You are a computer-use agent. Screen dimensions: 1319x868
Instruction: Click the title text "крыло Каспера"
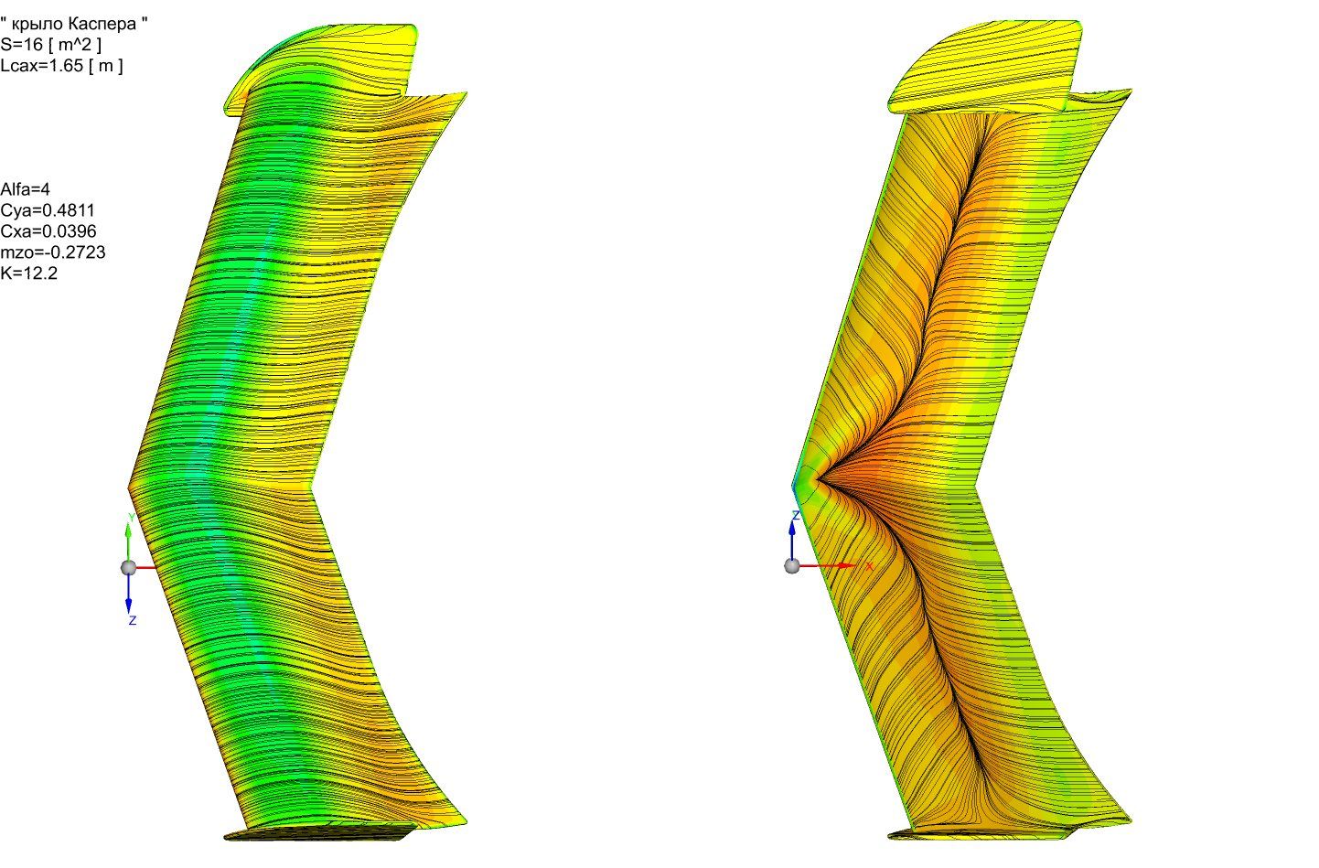(74, 24)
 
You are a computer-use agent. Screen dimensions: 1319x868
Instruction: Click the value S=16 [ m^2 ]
(50, 44)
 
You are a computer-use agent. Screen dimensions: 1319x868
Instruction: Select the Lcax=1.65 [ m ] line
(62, 65)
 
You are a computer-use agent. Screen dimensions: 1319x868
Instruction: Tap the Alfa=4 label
(26, 189)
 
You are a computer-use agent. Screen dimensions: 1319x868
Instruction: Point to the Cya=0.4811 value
(48, 210)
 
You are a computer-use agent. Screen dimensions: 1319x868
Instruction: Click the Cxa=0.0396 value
(48, 230)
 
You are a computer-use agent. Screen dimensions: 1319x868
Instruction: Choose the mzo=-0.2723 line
(53, 252)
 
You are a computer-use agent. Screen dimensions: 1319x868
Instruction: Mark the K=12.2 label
(29, 273)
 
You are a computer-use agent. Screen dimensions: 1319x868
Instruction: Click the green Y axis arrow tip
(129, 526)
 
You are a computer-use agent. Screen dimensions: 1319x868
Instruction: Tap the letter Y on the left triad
(132, 518)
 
